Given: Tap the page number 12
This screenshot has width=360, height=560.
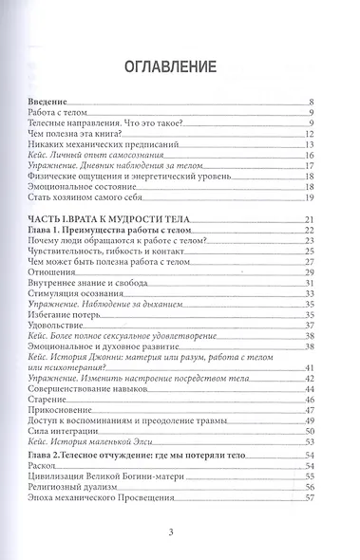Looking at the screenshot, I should pyautogui.click(x=310, y=136).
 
